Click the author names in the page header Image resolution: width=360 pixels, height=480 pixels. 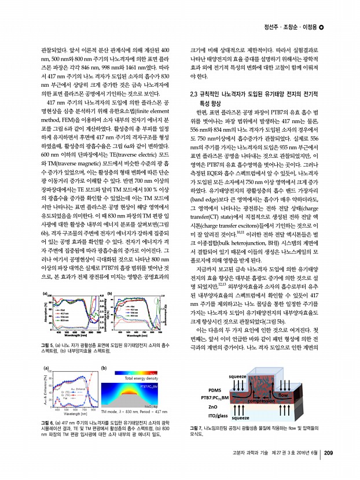286,26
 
